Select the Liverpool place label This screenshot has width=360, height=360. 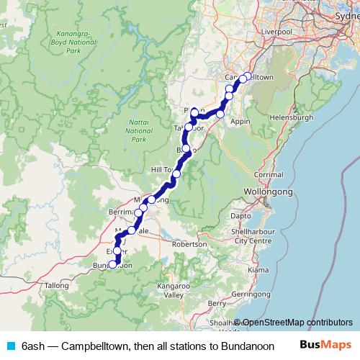(277, 32)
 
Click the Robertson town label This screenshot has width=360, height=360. (189, 244)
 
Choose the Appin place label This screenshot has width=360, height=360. (239, 122)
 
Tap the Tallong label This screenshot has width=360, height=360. (56, 285)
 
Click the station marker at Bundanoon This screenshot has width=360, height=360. (112, 264)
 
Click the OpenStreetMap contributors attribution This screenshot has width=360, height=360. (297, 323)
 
